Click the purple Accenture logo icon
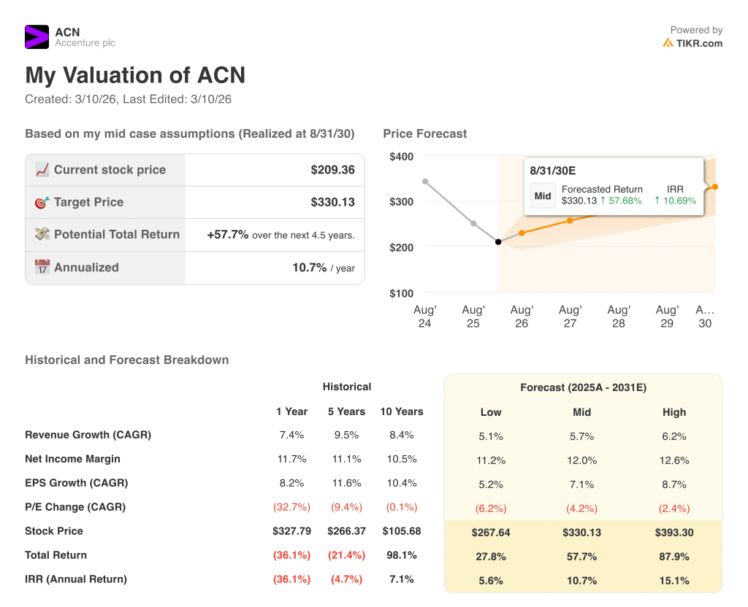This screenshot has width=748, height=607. coord(37,36)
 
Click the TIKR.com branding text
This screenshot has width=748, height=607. coord(699,43)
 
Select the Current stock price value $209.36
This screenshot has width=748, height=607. coord(332,170)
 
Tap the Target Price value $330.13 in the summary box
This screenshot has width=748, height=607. coord(332,202)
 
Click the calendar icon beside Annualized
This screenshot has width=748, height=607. coord(42,268)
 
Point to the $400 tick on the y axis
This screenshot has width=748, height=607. coord(401,156)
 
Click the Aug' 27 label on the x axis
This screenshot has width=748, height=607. coord(570,317)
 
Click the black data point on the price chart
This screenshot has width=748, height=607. coord(498,241)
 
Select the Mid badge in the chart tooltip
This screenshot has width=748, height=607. coord(543,196)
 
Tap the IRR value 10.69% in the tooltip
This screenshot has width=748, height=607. coord(676,201)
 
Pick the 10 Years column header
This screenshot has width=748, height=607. coord(402,411)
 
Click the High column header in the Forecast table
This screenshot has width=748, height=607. coord(674,412)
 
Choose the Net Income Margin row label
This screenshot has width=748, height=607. coord(72,459)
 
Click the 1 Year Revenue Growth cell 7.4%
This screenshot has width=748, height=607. coord(291,435)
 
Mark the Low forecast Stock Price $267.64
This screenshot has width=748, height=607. coord(491,533)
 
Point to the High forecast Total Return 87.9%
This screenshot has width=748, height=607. coord(674,557)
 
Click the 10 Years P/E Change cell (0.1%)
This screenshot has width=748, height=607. coord(402,507)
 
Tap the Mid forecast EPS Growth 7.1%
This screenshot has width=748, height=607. coord(581,484)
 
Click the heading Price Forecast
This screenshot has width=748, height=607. coord(424,134)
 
